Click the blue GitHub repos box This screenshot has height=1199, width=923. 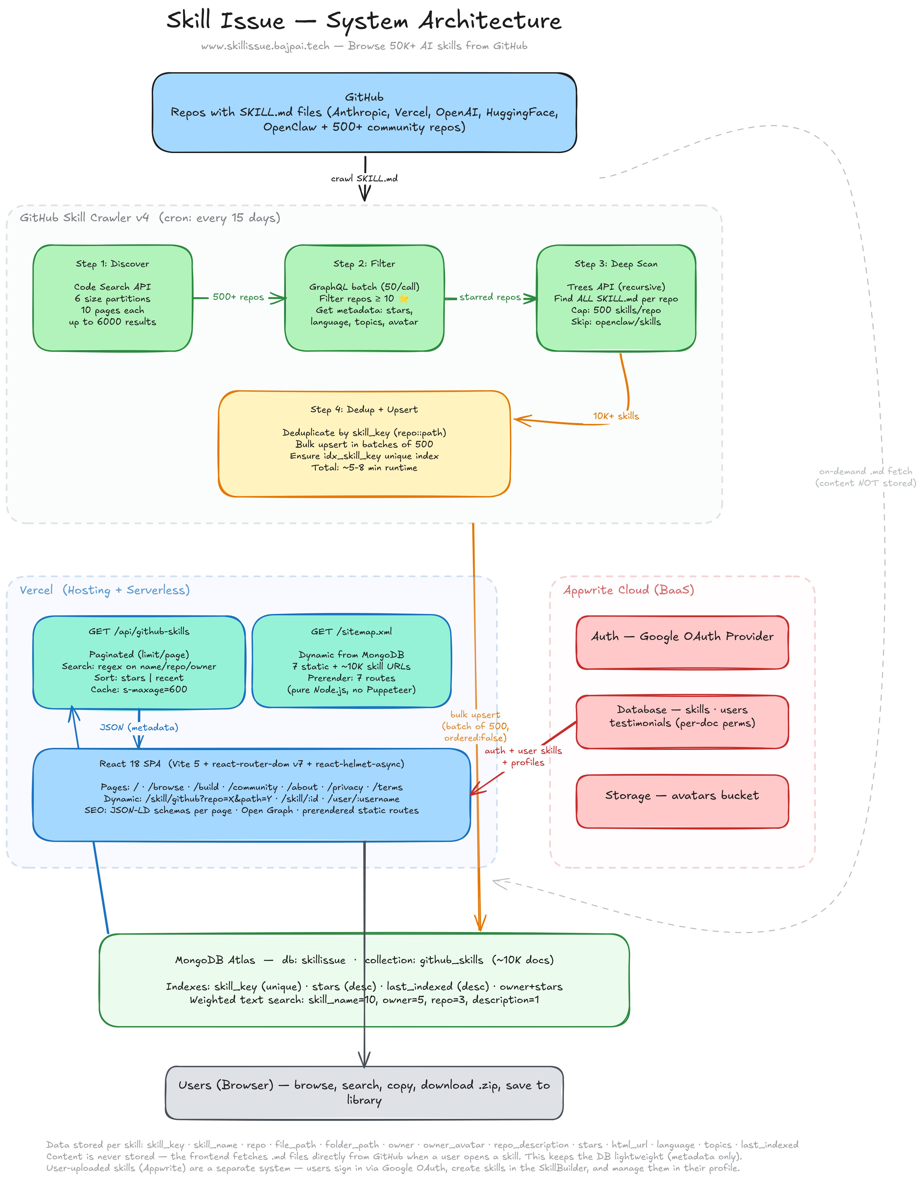pos(364,113)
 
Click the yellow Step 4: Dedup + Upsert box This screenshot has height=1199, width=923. pos(364,444)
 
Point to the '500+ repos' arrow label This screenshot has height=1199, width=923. pos(238,297)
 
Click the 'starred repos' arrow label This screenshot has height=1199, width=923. pos(490,297)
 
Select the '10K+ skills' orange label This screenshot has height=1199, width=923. pos(616,416)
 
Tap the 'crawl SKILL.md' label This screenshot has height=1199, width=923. pos(364,178)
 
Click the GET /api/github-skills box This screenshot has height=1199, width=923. pos(139,662)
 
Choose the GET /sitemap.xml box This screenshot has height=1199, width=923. pos(351,662)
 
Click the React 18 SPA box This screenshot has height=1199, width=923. pos(252,794)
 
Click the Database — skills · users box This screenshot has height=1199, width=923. pos(682,721)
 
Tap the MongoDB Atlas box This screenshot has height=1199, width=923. pos(364,980)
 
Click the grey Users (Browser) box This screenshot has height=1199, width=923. pos(364,1093)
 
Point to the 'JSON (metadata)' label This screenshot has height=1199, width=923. pos(139,727)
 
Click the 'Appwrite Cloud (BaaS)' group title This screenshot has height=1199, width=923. pos(629,590)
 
